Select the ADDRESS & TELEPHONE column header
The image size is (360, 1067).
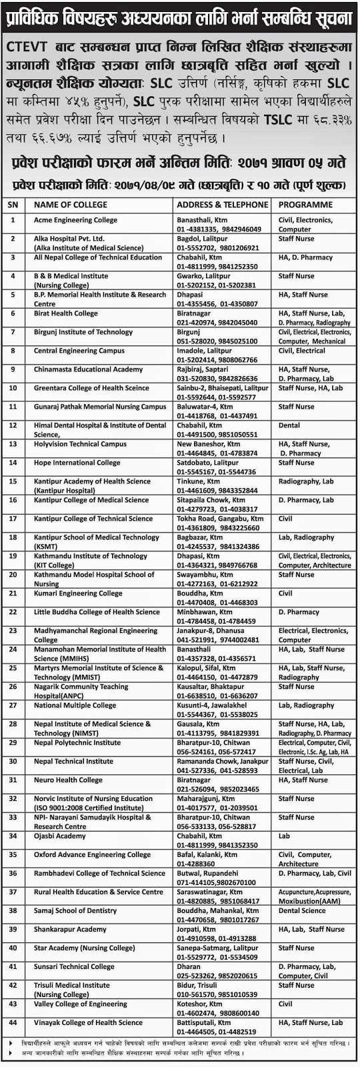(223, 205)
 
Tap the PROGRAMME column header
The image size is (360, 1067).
(306, 205)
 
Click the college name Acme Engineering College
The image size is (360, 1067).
(75, 220)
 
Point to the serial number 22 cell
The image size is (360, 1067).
(13, 612)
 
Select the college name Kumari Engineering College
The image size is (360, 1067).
(78, 594)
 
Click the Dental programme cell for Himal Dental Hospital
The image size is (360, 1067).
(289, 425)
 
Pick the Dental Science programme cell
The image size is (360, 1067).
(302, 911)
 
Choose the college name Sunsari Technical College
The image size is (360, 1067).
(74, 967)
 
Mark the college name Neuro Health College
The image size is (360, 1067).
(68, 780)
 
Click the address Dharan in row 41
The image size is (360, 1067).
(188, 967)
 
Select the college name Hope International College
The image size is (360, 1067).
(77, 463)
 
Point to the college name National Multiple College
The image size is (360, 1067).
(75, 706)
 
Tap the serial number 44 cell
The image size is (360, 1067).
(13, 1023)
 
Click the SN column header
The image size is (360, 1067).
(13, 205)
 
